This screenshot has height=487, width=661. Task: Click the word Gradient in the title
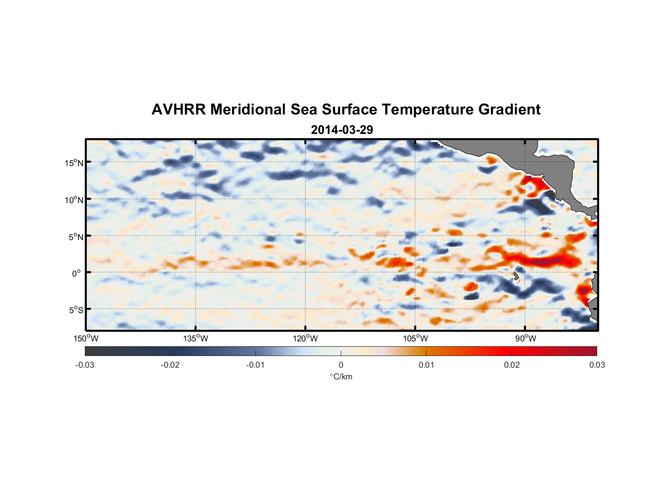click(x=509, y=110)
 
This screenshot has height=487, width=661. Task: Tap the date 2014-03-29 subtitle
click(x=342, y=130)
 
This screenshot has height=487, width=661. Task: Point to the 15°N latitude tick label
click(x=74, y=163)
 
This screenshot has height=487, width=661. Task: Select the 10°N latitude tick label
click(x=74, y=200)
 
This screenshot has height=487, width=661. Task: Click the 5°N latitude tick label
click(x=75, y=237)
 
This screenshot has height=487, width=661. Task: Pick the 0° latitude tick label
click(x=77, y=273)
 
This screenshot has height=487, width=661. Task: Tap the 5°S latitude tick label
click(x=75, y=310)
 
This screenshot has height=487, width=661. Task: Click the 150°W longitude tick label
click(x=86, y=338)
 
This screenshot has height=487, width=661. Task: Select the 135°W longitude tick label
click(x=195, y=338)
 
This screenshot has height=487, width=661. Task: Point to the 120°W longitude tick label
click(x=305, y=338)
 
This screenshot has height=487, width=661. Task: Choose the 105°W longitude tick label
click(x=415, y=338)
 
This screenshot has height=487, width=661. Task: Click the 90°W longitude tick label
click(x=525, y=338)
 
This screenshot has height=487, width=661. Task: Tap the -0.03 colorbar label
click(x=85, y=365)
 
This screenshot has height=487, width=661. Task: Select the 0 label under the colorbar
click(x=341, y=365)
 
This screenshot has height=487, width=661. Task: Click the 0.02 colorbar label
click(x=512, y=365)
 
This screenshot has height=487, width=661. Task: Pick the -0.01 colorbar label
click(x=255, y=365)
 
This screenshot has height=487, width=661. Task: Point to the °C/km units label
click(x=341, y=376)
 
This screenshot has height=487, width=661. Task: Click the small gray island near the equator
click(x=516, y=276)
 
